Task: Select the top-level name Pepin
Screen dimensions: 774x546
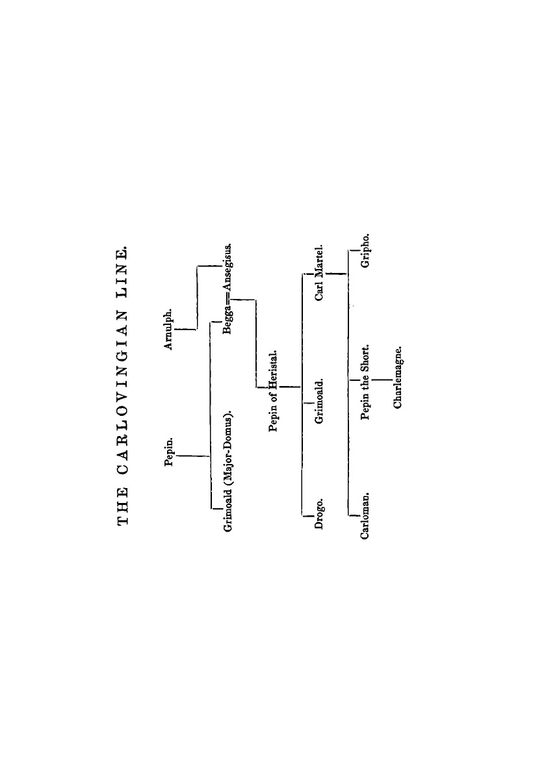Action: pyautogui.click(x=170, y=452)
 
